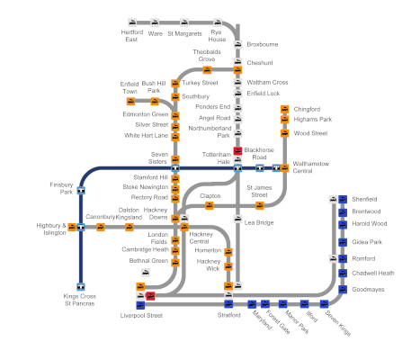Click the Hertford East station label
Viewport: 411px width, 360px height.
point(132,36)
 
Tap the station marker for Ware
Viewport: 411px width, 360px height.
point(155,22)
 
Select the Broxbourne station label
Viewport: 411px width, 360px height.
point(263,44)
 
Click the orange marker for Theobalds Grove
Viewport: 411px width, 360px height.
point(207,70)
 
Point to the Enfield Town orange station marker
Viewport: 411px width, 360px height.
point(130,102)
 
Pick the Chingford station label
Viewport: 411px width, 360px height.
point(307,109)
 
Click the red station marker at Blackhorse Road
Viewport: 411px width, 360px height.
point(237,151)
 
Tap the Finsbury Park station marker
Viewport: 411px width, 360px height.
point(81,191)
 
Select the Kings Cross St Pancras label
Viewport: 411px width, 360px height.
point(80,300)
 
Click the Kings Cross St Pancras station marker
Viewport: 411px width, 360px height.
point(81,287)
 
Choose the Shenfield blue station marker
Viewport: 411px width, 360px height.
point(343,199)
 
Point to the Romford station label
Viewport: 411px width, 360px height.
point(363,258)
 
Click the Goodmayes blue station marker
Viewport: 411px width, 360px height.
point(343,290)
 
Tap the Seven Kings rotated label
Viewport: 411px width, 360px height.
point(338,323)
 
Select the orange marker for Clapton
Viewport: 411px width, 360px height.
point(210,206)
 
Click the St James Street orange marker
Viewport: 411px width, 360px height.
point(260,206)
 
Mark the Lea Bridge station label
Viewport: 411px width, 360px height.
point(259,222)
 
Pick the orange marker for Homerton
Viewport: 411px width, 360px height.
point(228,252)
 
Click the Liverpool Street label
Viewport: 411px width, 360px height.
point(141,316)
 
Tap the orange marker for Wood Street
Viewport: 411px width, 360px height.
point(285,133)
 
